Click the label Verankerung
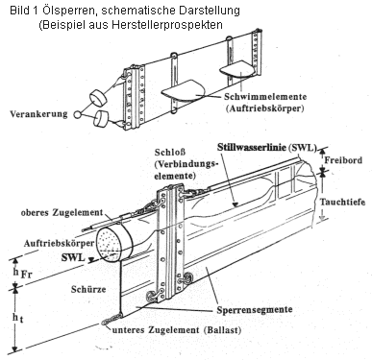(38, 114)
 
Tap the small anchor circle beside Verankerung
(77, 114)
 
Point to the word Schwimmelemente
(265, 97)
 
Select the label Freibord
(343, 160)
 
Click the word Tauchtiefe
(342, 202)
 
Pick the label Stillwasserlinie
(252, 147)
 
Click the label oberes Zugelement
(62, 212)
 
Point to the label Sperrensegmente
(255, 310)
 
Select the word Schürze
(88, 289)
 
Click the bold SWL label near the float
(73, 257)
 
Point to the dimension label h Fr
(22, 273)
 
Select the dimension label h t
(18, 318)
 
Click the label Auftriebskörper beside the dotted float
(59, 244)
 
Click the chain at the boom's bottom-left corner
(112, 319)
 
